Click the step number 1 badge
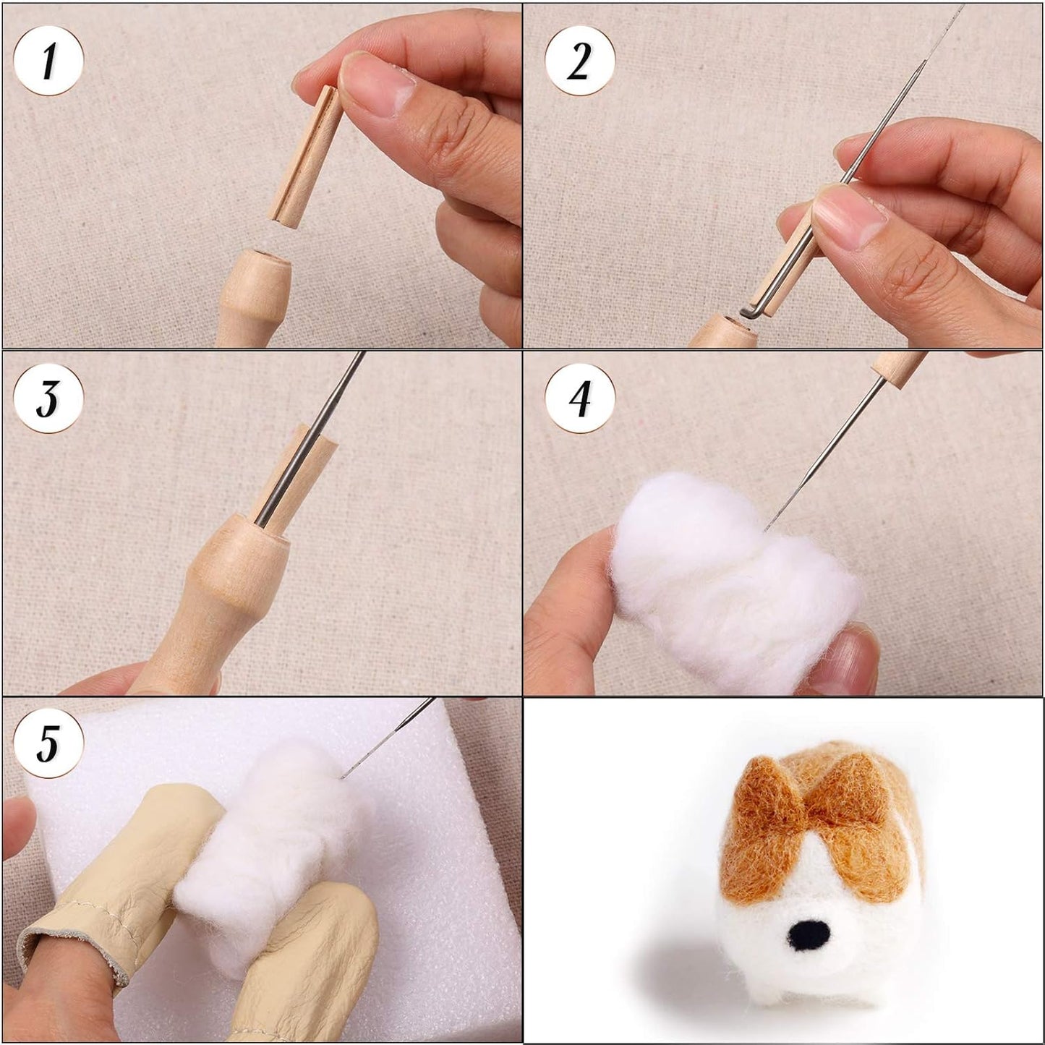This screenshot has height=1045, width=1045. point(48,61)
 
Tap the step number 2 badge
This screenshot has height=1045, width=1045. point(580,61)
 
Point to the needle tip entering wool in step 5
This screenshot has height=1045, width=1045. point(341,777)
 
